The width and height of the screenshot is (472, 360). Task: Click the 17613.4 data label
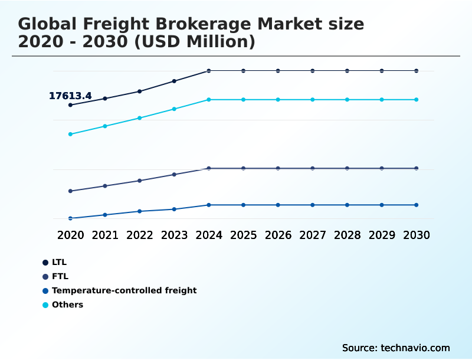[70, 96]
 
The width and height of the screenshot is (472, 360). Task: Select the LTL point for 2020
[70, 105]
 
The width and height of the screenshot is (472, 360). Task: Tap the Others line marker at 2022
[140, 118]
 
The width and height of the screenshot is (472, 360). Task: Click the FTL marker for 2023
[174, 175]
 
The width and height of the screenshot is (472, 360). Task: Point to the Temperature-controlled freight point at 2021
[105, 215]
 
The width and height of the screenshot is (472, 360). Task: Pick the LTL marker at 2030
[416, 71]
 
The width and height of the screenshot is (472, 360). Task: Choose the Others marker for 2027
[313, 100]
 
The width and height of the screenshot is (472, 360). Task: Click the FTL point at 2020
[70, 191]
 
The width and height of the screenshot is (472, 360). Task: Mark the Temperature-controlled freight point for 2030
[416, 205]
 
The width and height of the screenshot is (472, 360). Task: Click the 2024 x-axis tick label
[209, 235]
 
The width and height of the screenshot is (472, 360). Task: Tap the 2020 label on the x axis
[70, 235]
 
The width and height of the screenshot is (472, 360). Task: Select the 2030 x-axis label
[416, 235]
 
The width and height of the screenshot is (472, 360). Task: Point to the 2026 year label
[278, 235]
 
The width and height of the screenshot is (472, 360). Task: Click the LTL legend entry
[60, 262]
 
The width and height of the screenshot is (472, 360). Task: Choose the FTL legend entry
[60, 276]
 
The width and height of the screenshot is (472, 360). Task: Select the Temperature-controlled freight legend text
[124, 290]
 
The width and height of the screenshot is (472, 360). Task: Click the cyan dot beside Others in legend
[45, 305]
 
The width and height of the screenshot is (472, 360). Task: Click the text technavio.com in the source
[415, 348]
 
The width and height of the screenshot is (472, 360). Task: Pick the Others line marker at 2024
[209, 100]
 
